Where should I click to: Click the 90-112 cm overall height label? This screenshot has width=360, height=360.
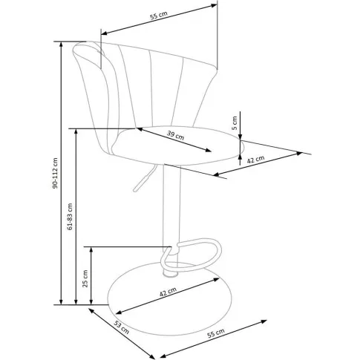pyautogui.click(x=55, y=173)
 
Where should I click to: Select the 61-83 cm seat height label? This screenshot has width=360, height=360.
pyautogui.click(x=70, y=217)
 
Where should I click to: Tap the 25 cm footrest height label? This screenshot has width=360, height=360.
pyautogui.click(x=85, y=278)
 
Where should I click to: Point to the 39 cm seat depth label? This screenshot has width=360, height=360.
pyautogui.click(x=175, y=135)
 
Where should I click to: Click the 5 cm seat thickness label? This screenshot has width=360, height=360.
pyautogui.click(x=235, y=123)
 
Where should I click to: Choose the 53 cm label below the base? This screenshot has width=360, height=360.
pyautogui.click(x=122, y=327)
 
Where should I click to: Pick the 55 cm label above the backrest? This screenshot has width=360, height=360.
pyautogui.click(x=159, y=16)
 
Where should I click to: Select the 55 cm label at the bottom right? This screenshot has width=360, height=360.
pyautogui.click(x=216, y=333)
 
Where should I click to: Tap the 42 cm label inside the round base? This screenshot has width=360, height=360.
pyautogui.click(x=168, y=292)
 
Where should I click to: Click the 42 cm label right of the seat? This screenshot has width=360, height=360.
pyautogui.click(x=256, y=159)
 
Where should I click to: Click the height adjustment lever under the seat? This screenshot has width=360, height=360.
pyautogui.click(x=145, y=178)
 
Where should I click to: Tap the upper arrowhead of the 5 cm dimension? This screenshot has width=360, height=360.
pyautogui.click(x=240, y=137)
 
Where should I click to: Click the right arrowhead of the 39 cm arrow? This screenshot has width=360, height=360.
pyautogui.click(x=207, y=150)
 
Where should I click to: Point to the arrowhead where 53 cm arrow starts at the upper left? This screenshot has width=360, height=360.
pyautogui.click(x=92, y=311)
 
